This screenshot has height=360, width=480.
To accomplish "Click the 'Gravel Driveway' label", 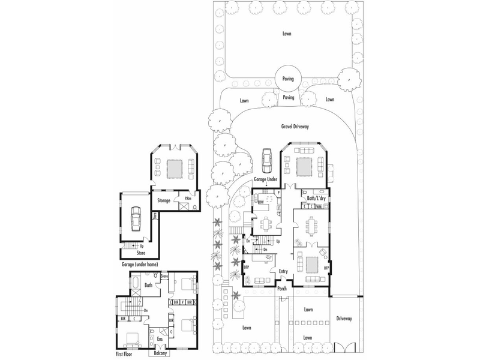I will coord(294,127).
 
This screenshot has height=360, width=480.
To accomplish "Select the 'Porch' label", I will coord(282,289).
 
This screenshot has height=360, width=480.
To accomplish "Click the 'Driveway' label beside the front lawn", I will coord(345,319).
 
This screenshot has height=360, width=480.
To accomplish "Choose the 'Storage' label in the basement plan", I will coord(164,200).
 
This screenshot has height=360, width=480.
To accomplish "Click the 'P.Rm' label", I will coord(188,199).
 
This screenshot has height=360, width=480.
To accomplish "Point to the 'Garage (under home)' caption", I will coord(143,263).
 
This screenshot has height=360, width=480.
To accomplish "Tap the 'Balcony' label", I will coord(159,354).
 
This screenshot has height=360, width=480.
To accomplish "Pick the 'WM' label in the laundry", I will coord(319,206).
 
